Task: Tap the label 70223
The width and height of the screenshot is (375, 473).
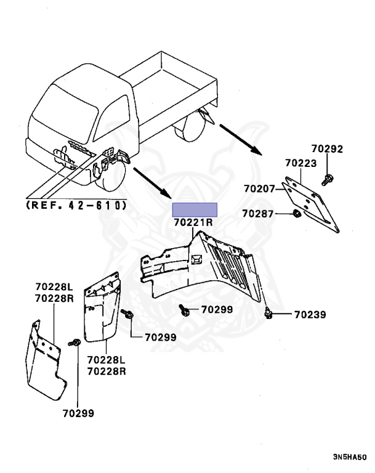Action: tap(300, 163)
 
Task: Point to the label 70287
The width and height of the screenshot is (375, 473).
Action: tap(258, 213)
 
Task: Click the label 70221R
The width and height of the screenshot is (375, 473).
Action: tap(193, 222)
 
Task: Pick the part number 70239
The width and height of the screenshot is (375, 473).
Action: tap(310, 315)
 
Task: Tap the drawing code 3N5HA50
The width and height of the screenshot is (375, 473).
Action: tap(350, 458)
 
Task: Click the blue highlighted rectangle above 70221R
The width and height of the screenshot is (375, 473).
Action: tap(195, 209)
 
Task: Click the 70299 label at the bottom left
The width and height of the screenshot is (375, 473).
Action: tap(78, 413)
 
